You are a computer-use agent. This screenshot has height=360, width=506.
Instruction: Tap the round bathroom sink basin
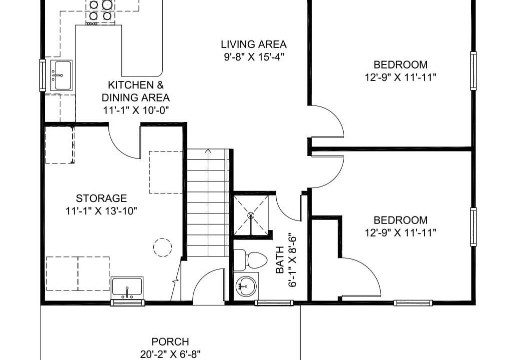click(246, 286)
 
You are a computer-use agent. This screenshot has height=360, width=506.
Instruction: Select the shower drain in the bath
click(251, 215)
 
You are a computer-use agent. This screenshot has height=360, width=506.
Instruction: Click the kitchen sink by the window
click(61, 75)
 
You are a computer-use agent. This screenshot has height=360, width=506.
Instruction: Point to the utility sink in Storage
click(127, 288)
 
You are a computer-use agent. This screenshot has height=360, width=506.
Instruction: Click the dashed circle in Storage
click(162, 247)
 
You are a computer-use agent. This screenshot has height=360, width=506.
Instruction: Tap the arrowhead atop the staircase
click(208, 150)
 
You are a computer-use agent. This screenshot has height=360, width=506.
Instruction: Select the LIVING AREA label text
click(254, 44)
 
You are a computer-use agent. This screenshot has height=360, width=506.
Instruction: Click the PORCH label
click(170, 341)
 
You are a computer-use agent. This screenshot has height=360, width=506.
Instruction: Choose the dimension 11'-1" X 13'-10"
click(101, 211)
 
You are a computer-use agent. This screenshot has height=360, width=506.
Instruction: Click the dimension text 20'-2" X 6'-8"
click(170, 354)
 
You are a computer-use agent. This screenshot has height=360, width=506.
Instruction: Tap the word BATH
click(280, 260)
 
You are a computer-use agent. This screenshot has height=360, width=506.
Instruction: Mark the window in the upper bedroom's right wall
click(474, 70)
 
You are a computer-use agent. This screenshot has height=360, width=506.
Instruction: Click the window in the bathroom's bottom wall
click(274, 303)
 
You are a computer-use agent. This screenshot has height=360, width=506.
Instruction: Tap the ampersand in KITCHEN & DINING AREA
click(160, 85)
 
